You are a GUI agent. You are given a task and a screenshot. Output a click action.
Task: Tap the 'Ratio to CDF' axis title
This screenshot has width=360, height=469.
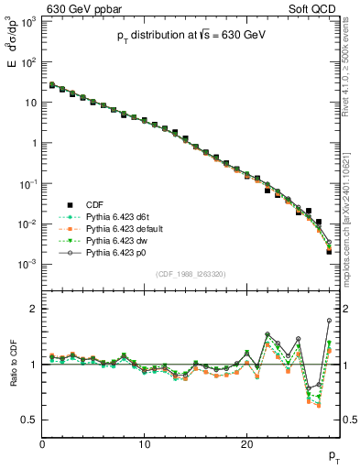(13, 365)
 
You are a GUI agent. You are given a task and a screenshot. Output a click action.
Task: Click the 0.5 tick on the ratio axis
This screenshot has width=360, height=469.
(29, 420)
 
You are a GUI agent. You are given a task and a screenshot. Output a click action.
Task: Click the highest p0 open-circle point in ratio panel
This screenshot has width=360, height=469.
(329, 321)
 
